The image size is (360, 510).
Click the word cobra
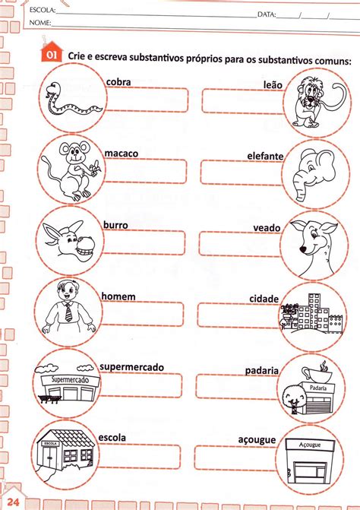[118, 82]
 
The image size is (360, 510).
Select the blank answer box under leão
[243, 101]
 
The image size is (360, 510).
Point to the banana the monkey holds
[96, 169]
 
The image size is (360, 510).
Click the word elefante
[265, 157]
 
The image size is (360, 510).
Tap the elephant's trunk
[302, 186]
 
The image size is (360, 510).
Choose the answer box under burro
[144, 242]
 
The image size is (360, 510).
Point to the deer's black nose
[303, 249]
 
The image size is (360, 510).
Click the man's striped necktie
[68, 312]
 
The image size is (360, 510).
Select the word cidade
[264, 299]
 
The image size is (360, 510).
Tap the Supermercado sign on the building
[70, 379]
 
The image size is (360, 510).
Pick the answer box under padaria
[236, 386]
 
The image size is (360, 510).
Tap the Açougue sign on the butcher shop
[310, 445]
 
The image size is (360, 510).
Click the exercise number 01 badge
[52, 54]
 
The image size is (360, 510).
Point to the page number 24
[13, 502]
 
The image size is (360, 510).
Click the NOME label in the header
[40, 23]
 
